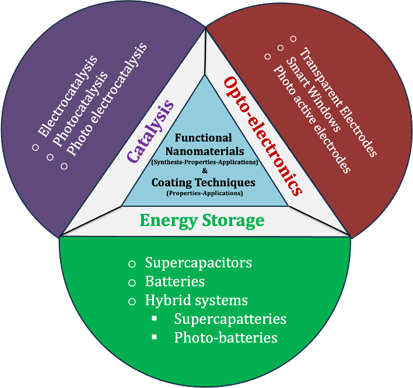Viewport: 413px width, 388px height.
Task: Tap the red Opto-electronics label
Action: pyautogui.click(x=262, y=135)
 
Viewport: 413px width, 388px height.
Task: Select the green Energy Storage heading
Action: pyautogui.click(x=202, y=221)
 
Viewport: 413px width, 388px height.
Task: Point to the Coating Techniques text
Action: pyautogui.click(x=203, y=182)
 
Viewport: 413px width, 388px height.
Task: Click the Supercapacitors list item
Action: pyautogui.click(x=198, y=263)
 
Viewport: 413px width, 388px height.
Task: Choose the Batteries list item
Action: pyautogui.click(x=174, y=281)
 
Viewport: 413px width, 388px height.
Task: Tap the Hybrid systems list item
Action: pyautogui.click(x=196, y=301)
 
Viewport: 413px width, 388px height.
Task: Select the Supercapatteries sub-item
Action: pyautogui.click(x=230, y=319)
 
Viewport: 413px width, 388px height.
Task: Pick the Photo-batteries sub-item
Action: pyautogui.click(x=225, y=338)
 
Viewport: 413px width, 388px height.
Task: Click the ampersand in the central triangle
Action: pyautogui.click(x=204, y=171)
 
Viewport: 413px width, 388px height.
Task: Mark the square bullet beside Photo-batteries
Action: pyautogui.click(x=155, y=337)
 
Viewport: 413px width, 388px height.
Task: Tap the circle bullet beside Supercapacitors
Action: pyautogui.click(x=132, y=264)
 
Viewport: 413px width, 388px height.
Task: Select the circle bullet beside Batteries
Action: pyautogui.click(x=132, y=283)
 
